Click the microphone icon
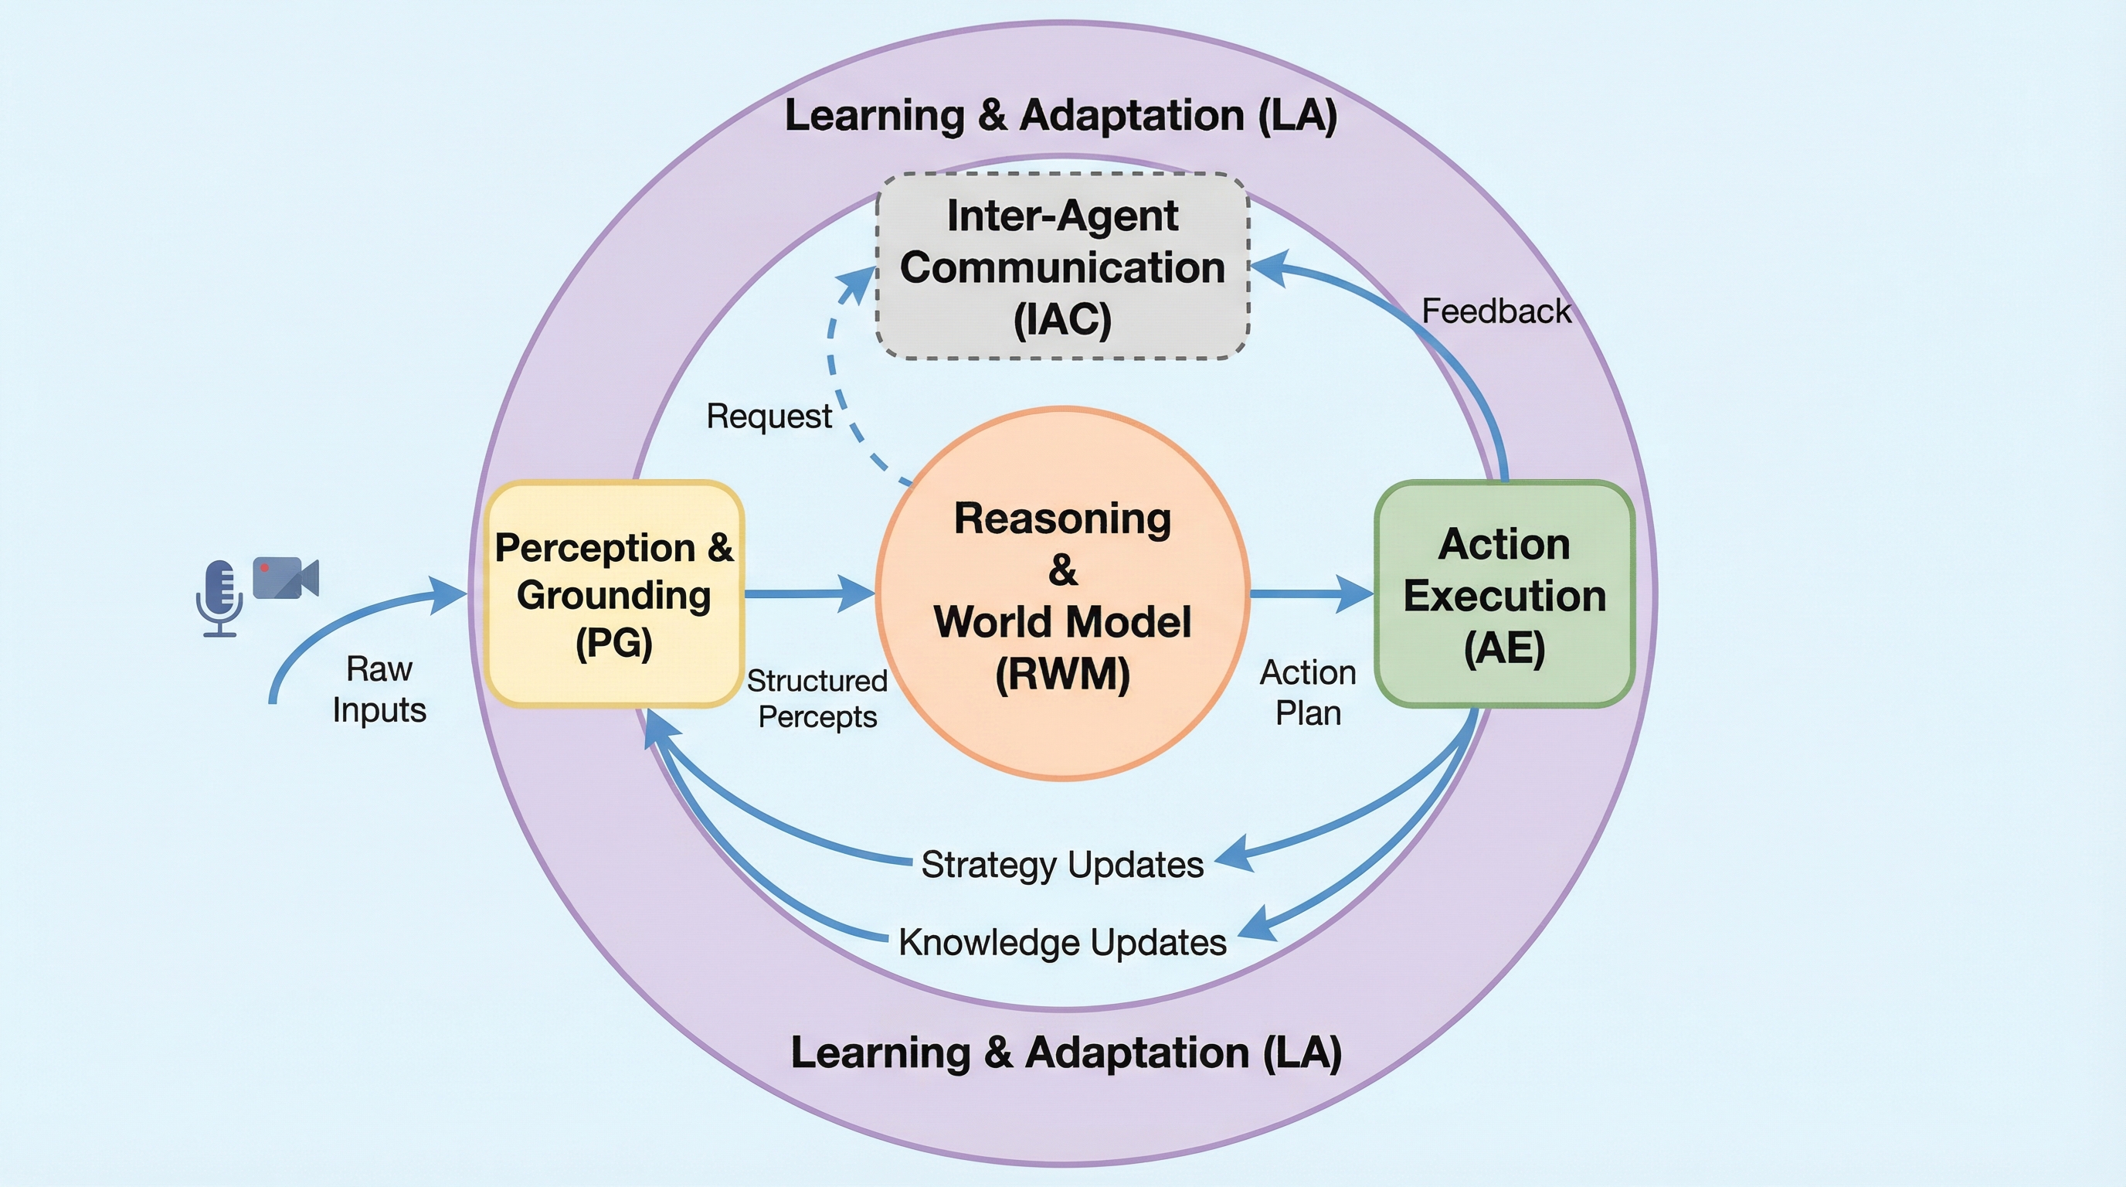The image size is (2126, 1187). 219,597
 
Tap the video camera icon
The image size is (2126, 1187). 285,577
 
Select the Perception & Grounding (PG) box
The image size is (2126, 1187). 613,593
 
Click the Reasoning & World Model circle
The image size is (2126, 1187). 1062,593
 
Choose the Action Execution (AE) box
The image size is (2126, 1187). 1503,593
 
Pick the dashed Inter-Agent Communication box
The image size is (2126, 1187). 1062,266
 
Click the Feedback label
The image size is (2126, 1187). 1496,311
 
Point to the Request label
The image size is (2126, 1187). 769,416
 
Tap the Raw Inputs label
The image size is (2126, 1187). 379,689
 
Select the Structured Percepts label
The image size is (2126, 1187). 817,699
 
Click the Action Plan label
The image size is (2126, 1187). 1307,692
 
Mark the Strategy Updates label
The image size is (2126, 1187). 1062,864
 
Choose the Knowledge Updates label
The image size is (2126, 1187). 1062,942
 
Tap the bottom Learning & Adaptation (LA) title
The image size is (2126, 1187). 1065,1053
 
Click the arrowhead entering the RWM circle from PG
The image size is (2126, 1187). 858,593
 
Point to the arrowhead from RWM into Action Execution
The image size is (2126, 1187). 1357,593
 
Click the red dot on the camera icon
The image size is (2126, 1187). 264,568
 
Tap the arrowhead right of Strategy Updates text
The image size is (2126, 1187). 1235,855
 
